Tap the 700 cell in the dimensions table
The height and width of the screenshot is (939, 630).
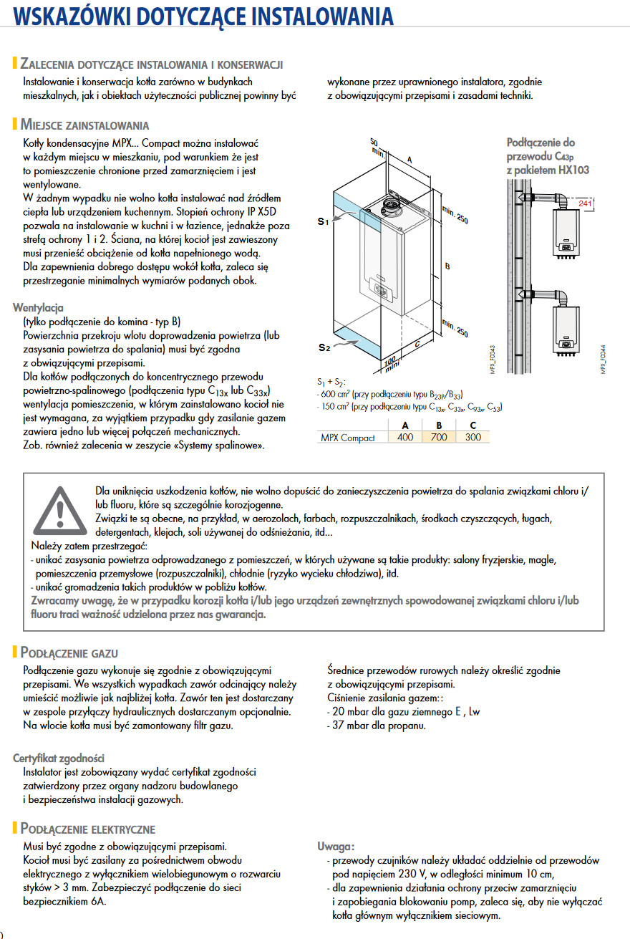tap(439, 437)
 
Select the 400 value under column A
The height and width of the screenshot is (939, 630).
tap(405, 437)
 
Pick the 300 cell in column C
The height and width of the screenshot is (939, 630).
tap(472, 437)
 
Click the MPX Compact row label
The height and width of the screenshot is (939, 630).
tap(347, 438)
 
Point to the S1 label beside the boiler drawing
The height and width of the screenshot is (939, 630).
tap(324, 222)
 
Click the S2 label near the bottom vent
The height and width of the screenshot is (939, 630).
tap(324, 347)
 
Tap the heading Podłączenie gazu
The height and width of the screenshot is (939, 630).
tap(69, 653)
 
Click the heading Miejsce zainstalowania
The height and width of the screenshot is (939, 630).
tap(84, 125)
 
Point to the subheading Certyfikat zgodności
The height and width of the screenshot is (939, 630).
tap(59, 758)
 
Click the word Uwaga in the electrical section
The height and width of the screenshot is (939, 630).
tap(336, 847)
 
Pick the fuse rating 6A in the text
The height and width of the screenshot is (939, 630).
tap(97, 901)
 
